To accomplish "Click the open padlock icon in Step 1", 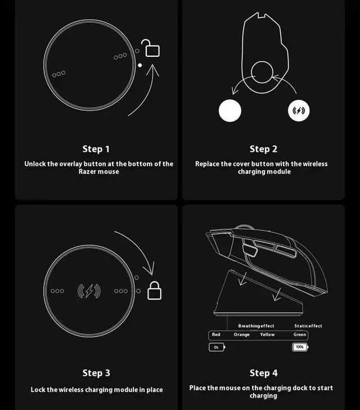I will point(152,49).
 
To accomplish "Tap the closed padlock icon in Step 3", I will point(154,291).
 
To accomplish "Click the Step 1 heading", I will point(96,149).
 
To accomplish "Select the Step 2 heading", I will point(263,149).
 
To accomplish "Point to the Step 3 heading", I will point(96,373).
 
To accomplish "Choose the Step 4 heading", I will point(263,373).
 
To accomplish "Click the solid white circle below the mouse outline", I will point(229,111).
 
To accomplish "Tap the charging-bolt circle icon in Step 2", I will point(299,111).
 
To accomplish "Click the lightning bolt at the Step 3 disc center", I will point(89,291).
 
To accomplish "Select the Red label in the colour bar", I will point(216,335).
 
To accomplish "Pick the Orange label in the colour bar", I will point(242,335).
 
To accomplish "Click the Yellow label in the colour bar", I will point(267,335).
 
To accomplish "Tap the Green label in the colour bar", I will point(300,335).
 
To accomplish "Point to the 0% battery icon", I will point(217,347).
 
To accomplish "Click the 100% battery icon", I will point(300,347).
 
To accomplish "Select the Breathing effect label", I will point(256,326).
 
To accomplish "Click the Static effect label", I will point(308,326).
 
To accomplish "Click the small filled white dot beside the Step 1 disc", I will point(140,65).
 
